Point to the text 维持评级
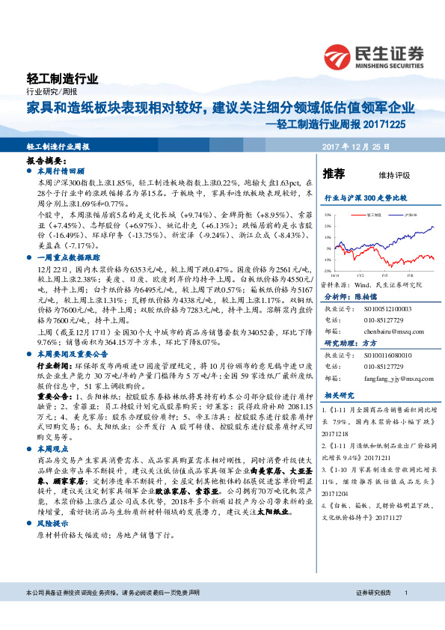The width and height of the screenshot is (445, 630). tap(394, 175)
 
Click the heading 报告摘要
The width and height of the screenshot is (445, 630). tap(44, 161)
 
